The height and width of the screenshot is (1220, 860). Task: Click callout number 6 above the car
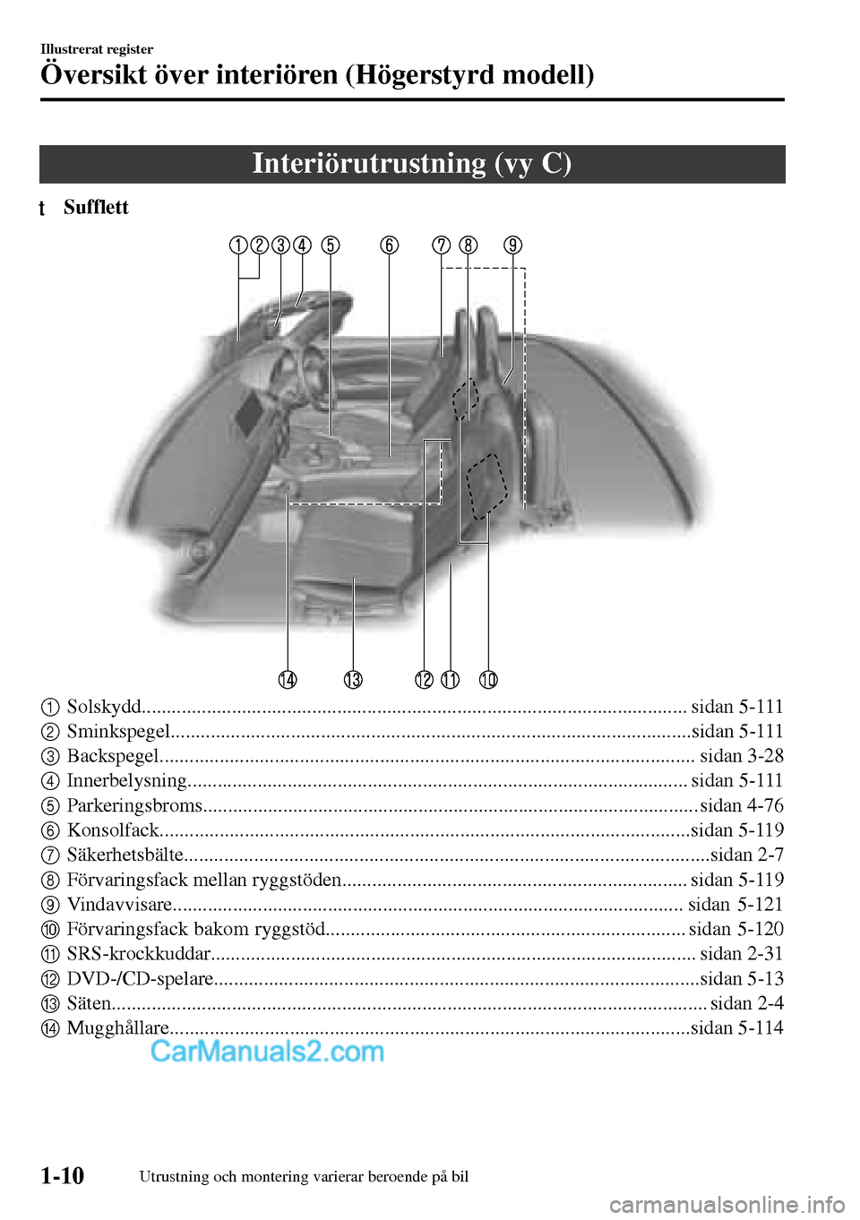pyautogui.click(x=389, y=245)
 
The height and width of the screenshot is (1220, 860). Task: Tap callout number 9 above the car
pyautogui.click(x=512, y=245)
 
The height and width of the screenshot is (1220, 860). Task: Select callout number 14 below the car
pyautogui.click(x=288, y=680)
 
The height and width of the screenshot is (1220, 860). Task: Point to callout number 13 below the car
pyautogui.click(x=353, y=680)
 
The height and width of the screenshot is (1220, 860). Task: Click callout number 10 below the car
pyautogui.click(x=488, y=680)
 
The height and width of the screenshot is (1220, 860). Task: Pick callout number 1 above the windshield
pyautogui.click(x=237, y=245)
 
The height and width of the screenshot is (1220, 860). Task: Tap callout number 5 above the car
pyautogui.click(x=331, y=245)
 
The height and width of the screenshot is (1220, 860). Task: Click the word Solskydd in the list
pyautogui.click(x=104, y=707)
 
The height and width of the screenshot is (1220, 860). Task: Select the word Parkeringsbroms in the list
pyautogui.click(x=134, y=805)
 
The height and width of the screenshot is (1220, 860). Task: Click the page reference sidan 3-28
pyautogui.click(x=741, y=756)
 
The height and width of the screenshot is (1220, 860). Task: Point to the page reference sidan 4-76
pyautogui.click(x=741, y=805)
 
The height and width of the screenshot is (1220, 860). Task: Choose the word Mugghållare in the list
pyautogui.click(x=117, y=1027)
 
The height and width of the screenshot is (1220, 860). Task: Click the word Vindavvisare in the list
pyautogui.click(x=119, y=904)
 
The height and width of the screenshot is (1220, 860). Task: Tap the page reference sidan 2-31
pyautogui.click(x=741, y=953)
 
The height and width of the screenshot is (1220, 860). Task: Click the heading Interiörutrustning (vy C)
pyautogui.click(x=412, y=164)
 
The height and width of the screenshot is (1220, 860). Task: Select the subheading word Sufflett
pyautogui.click(x=96, y=208)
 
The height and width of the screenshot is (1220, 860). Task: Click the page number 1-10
pyautogui.click(x=62, y=1175)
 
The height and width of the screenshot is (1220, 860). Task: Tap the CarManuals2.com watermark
pyautogui.click(x=267, y=1051)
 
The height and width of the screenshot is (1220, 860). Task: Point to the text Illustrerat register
pyautogui.click(x=97, y=49)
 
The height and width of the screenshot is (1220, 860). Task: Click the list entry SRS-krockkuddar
pyautogui.click(x=139, y=953)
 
